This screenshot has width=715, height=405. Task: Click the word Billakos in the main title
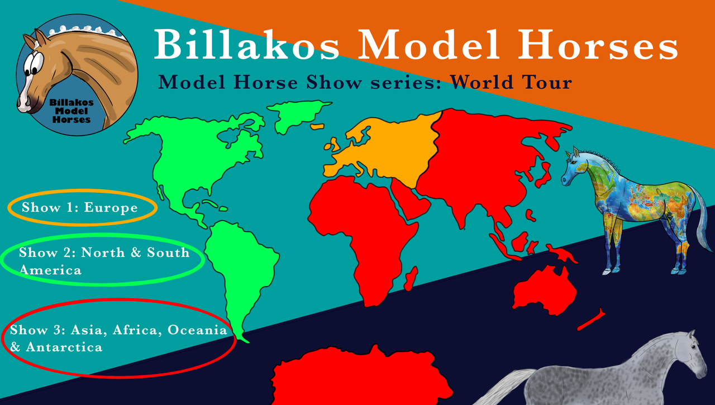click(x=246, y=44)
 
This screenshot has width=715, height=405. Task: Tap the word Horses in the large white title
click(x=598, y=44)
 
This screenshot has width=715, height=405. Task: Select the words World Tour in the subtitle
click(x=511, y=82)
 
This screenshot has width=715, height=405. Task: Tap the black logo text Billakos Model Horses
click(x=71, y=111)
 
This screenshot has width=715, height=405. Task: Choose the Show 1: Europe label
click(x=80, y=207)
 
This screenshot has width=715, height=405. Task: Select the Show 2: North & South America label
click(x=104, y=261)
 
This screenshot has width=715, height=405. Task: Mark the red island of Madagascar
click(x=411, y=279)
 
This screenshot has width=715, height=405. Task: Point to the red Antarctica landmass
click(x=361, y=377)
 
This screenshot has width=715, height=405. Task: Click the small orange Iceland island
click(x=317, y=127)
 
